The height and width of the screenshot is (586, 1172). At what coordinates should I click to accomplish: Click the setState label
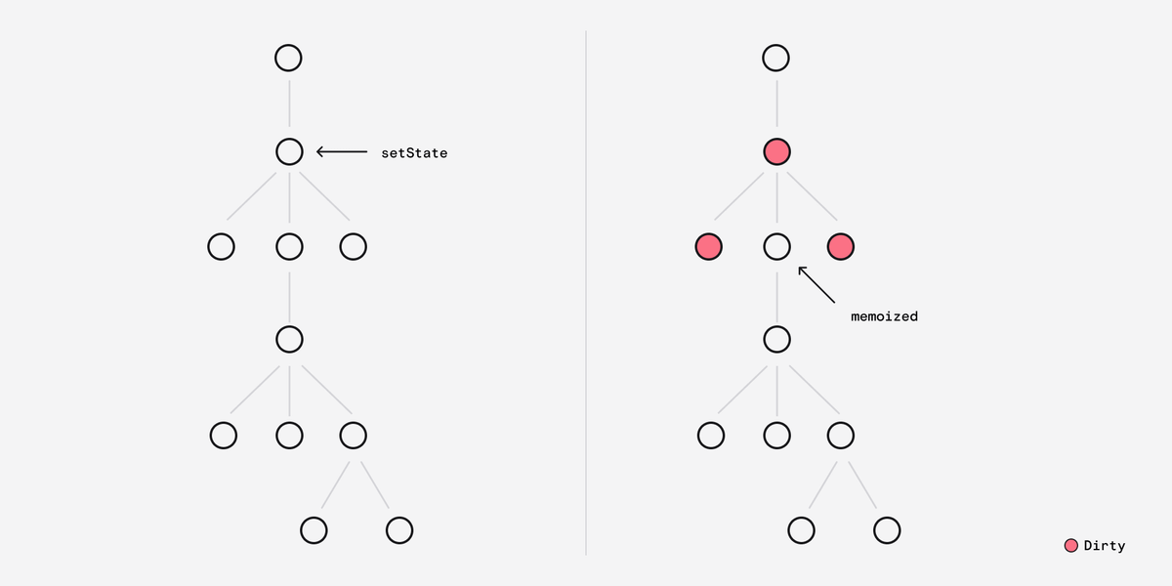[414, 152]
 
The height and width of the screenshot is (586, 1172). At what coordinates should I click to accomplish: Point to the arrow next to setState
[342, 151]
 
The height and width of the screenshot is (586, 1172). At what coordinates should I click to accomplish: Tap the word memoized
[884, 316]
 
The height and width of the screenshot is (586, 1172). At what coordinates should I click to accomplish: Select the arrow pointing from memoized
[816, 284]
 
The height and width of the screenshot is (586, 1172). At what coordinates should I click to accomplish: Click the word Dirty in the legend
[1105, 546]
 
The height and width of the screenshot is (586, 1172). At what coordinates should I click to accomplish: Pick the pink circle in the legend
[1071, 546]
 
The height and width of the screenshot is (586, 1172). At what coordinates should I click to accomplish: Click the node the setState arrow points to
[289, 151]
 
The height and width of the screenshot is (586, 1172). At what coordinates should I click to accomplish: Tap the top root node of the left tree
[288, 58]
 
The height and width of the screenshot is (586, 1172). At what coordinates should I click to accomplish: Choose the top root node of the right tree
[775, 58]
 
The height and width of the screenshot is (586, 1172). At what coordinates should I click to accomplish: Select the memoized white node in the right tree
[777, 246]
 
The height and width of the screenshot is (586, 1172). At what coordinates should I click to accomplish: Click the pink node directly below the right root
[777, 151]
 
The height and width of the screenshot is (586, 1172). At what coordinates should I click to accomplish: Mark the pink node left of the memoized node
[709, 246]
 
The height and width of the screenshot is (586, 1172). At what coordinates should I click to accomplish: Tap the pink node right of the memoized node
[841, 246]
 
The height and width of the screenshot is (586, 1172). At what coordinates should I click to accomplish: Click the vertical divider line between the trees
[586, 292]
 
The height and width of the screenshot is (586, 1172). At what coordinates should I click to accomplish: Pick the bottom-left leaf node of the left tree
[314, 530]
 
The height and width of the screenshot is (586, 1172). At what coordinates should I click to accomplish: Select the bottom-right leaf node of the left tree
[399, 530]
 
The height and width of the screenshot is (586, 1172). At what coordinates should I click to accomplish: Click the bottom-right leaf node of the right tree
[887, 530]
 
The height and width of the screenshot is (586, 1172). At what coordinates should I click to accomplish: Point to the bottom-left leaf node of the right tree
[802, 530]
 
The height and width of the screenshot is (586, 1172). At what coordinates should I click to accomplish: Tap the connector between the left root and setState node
[289, 104]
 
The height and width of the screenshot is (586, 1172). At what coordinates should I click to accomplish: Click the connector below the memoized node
[777, 297]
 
